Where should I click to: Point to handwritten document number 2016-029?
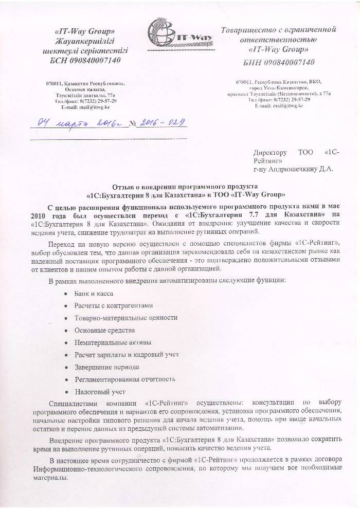tap(159, 123)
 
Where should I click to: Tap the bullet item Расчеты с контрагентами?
tap(114, 305)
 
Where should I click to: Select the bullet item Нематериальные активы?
tap(113, 342)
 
